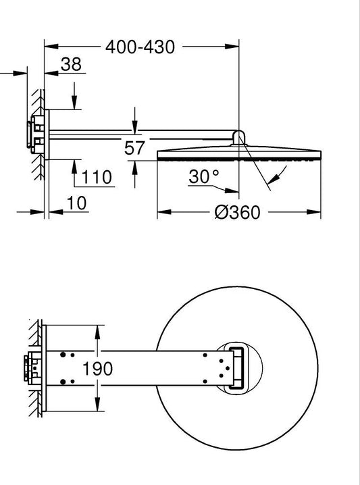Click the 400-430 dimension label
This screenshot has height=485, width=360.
coord(140,47)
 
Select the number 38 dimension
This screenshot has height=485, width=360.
coord(71,64)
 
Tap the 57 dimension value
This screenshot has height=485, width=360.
coord(134,148)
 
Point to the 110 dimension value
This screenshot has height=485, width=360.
coord(96,177)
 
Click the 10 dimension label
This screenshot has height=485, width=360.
coord(76,203)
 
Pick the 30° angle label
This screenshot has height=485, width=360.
coord(204,176)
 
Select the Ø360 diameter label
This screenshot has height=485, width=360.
coord(238,213)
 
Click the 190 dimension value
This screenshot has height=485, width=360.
coord(97,369)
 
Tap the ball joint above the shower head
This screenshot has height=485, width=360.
coord(238,137)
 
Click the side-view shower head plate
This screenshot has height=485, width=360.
coord(239,153)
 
